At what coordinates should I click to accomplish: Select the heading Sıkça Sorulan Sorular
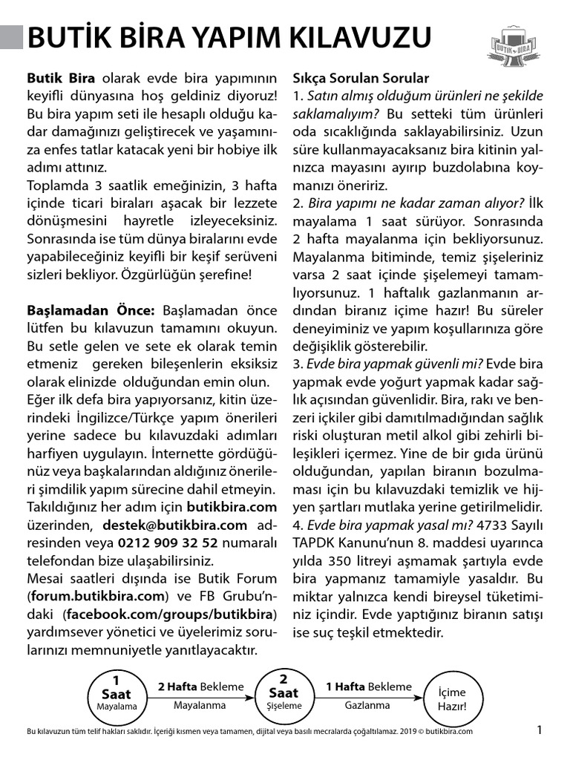361,78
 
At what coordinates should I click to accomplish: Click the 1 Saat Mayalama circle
117,693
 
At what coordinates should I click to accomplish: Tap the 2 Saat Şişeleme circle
284,693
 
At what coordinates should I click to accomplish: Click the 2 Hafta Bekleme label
200,687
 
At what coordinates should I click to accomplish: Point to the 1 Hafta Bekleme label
368,687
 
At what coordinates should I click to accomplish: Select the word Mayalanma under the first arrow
200,706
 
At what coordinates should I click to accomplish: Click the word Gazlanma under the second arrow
367,706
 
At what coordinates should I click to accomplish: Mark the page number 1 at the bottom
540,730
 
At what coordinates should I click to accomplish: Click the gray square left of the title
11,36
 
